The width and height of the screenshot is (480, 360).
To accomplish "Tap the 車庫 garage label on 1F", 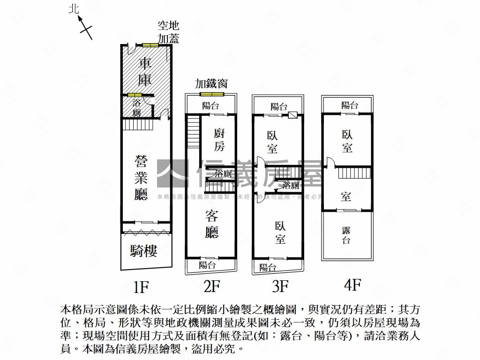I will coord(145,71).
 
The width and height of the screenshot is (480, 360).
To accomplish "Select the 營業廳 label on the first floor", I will coord(141,179).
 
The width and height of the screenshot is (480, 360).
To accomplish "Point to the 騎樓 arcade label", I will coord(143,251).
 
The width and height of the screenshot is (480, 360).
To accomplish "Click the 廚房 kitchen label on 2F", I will coord(219,139).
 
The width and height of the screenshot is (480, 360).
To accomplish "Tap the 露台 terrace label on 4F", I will coord(346,235).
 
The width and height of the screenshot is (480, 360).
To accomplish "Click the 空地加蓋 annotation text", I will coord(168,32).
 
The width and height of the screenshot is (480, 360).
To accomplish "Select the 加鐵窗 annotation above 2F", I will coord(211,83).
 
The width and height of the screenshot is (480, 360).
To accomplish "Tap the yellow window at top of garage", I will coord(150,45).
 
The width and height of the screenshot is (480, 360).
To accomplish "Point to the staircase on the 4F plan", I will coord(354,173).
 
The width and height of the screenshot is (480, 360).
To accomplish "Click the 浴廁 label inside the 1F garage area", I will coord(136,108).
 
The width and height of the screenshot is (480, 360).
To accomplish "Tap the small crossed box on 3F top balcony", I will coord(292,114).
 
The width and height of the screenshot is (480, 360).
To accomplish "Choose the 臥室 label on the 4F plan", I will coord(347,141).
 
